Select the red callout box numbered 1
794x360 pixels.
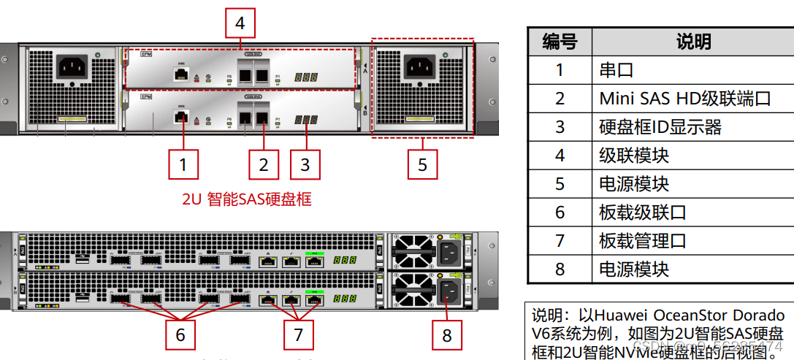(183, 164)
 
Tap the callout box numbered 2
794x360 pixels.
(264, 164)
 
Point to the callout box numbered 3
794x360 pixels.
(305, 164)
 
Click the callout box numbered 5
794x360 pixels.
(422, 164)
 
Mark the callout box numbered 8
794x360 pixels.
(447, 335)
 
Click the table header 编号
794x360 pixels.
(560, 42)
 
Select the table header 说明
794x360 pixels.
(693, 42)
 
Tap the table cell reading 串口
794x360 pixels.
(617, 71)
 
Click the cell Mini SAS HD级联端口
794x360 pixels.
(685, 99)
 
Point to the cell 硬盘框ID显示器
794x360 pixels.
(660, 127)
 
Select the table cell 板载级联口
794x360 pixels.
(643, 212)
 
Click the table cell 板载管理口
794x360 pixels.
(643, 241)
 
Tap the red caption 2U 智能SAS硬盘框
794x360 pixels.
(247, 198)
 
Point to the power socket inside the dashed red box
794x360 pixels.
(422, 68)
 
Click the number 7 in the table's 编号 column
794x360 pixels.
(560, 241)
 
